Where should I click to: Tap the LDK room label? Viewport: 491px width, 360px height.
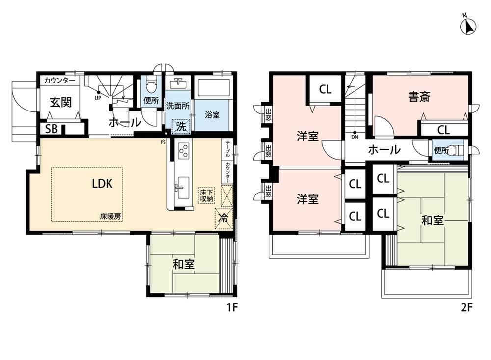[103, 184]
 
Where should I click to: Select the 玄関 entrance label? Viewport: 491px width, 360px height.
[61, 102]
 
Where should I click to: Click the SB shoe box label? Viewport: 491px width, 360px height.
[52, 129]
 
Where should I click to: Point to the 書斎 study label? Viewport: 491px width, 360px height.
[419, 96]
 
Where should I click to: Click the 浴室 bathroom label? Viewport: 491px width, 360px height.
[212, 115]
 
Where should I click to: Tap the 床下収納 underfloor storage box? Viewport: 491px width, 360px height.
[206, 195]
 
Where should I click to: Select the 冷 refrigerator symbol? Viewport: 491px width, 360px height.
[223, 219]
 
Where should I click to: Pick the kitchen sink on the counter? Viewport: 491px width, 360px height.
[182, 187]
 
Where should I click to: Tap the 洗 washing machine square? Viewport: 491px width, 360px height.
[181, 127]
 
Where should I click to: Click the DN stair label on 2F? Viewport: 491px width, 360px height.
[355, 137]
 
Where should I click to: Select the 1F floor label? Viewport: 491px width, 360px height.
[232, 307]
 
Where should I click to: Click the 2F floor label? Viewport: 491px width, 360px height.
[466, 307]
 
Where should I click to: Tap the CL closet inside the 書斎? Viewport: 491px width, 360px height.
[443, 129]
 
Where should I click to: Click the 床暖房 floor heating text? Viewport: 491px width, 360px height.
[111, 216]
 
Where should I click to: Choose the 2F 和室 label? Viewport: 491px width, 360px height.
[433, 221]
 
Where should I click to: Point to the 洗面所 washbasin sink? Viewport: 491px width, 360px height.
[178, 83]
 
